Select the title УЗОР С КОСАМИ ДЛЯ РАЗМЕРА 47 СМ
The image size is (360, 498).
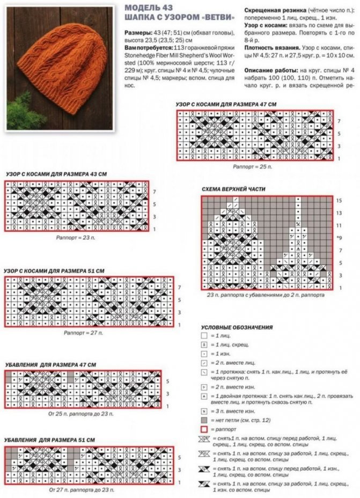tap(226, 104)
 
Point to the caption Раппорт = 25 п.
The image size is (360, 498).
tap(252, 167)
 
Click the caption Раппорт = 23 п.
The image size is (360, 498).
tap(77, 236)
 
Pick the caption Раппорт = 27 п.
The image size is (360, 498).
tap(83, 333)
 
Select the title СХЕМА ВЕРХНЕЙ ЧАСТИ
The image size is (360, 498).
tap(233, 189)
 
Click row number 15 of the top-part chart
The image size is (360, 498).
tap(339, 200)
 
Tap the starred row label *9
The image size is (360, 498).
tap(339, 237)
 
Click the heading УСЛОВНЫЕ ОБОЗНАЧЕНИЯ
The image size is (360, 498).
tap(237, 327)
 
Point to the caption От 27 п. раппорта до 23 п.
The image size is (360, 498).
tap(81, 490)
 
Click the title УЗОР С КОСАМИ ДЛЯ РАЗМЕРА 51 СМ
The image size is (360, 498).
tap(54, 271)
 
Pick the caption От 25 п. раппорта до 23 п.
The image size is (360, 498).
tap(81, 414)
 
